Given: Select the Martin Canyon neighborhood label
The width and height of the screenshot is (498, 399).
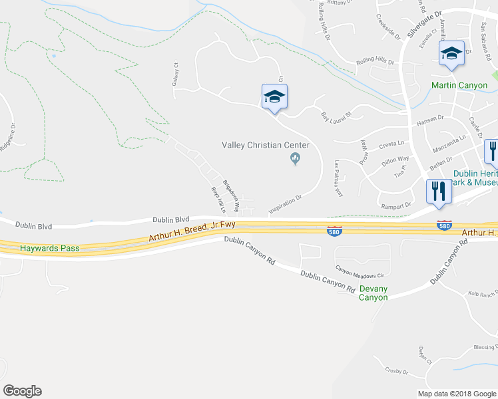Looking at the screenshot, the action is pos(459,85).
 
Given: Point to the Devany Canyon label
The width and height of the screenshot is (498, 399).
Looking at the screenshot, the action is pos(373,293).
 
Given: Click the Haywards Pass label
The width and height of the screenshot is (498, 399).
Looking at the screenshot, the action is pos(49,248).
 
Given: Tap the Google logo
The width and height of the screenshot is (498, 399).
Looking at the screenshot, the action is pos(22,391).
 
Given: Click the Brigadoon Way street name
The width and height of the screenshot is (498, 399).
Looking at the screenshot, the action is pos(230,195).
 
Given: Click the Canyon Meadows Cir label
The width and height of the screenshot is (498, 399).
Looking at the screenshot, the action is pos(360,272).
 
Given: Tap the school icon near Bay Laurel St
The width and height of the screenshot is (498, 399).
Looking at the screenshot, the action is pos(274,97).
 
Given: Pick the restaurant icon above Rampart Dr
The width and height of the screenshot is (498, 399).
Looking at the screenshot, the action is pos(439,191).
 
